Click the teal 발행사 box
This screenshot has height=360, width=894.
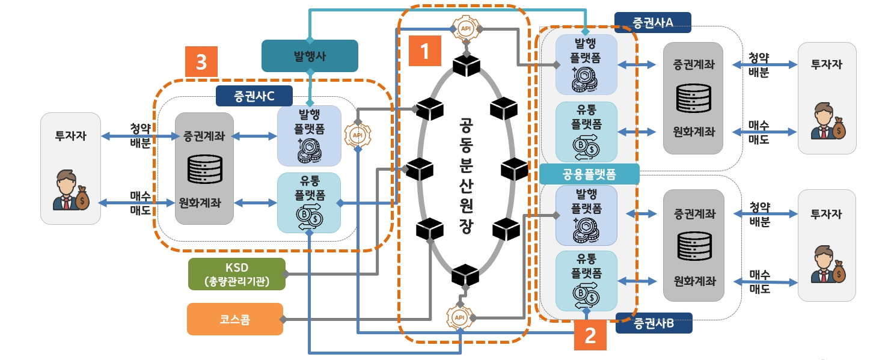310,56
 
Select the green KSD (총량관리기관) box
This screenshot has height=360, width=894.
236,274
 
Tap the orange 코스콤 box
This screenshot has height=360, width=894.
234,319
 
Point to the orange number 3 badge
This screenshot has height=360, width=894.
201,62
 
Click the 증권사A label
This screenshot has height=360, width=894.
652,22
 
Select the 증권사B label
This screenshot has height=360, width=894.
654,323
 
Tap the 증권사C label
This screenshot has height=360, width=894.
254,95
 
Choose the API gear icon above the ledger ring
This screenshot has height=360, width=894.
465,28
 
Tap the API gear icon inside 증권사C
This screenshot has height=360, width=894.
358,135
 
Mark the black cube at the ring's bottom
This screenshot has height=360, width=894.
465,276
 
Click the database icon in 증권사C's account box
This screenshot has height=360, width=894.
204,169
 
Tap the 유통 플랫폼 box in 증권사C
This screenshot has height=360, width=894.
309,203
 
